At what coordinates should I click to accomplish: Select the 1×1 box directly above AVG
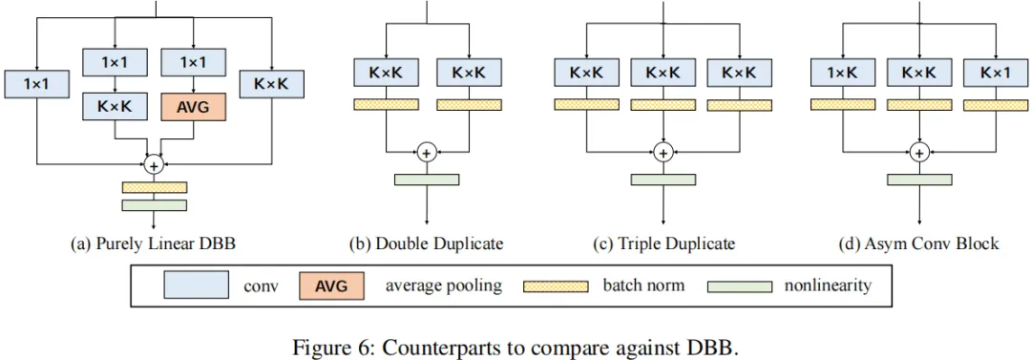tap(193, 62)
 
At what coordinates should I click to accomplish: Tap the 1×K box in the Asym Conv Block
tap(843, 72)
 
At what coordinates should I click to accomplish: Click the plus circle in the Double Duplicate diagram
tap(427, 152)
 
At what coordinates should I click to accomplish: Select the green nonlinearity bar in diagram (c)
tap(663, 180)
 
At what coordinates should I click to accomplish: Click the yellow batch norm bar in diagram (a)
tap(154, 187)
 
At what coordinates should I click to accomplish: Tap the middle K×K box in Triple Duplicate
tap(663, 72)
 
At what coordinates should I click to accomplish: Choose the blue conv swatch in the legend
tap(196, 286)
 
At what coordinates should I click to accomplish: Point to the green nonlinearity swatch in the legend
tap(738, 286)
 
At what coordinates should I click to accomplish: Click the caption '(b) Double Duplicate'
tap(426, 243)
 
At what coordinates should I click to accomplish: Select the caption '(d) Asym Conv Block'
tap(918, 243)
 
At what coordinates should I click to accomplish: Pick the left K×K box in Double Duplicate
tap(386, 72)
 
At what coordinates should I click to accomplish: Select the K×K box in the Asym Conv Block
tap(919, 72)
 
